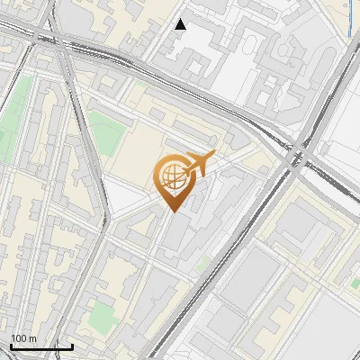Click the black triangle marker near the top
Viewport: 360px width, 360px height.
point(181,24)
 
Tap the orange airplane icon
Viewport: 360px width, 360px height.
point(199,165)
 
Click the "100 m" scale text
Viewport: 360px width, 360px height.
point(23,337)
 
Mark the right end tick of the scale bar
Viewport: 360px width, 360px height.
point(72,346)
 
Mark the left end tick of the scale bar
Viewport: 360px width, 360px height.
point(11,346)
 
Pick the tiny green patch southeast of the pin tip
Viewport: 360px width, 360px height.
point(204,263)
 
